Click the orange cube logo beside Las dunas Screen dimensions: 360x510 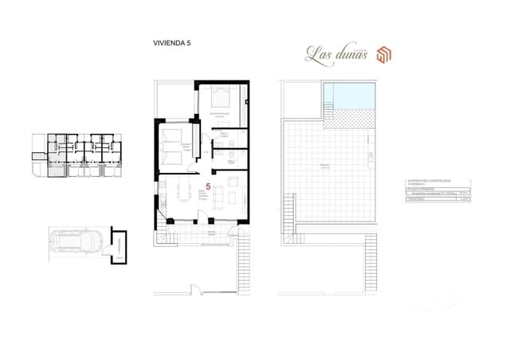click(x=383, y=54)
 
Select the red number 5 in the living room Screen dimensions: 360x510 click(x=208, y=186)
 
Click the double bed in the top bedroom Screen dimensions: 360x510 click(x=219, y=100)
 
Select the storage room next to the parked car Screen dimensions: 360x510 click(x=120, y=245)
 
